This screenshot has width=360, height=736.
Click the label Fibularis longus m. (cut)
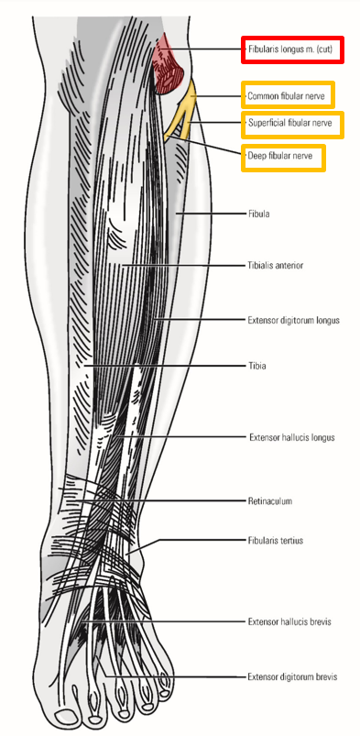[x=292, y=49]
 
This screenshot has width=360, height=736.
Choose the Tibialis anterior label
[x=275, y=266]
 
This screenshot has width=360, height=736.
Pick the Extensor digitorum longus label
[x=293, y=321]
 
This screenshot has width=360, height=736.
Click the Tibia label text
[x=256, y=366]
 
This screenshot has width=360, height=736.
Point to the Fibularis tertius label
[x=275, y=541]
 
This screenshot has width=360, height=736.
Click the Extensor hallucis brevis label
[x=289, y=622]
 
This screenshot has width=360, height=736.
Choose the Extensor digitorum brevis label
[x=291, y=677]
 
